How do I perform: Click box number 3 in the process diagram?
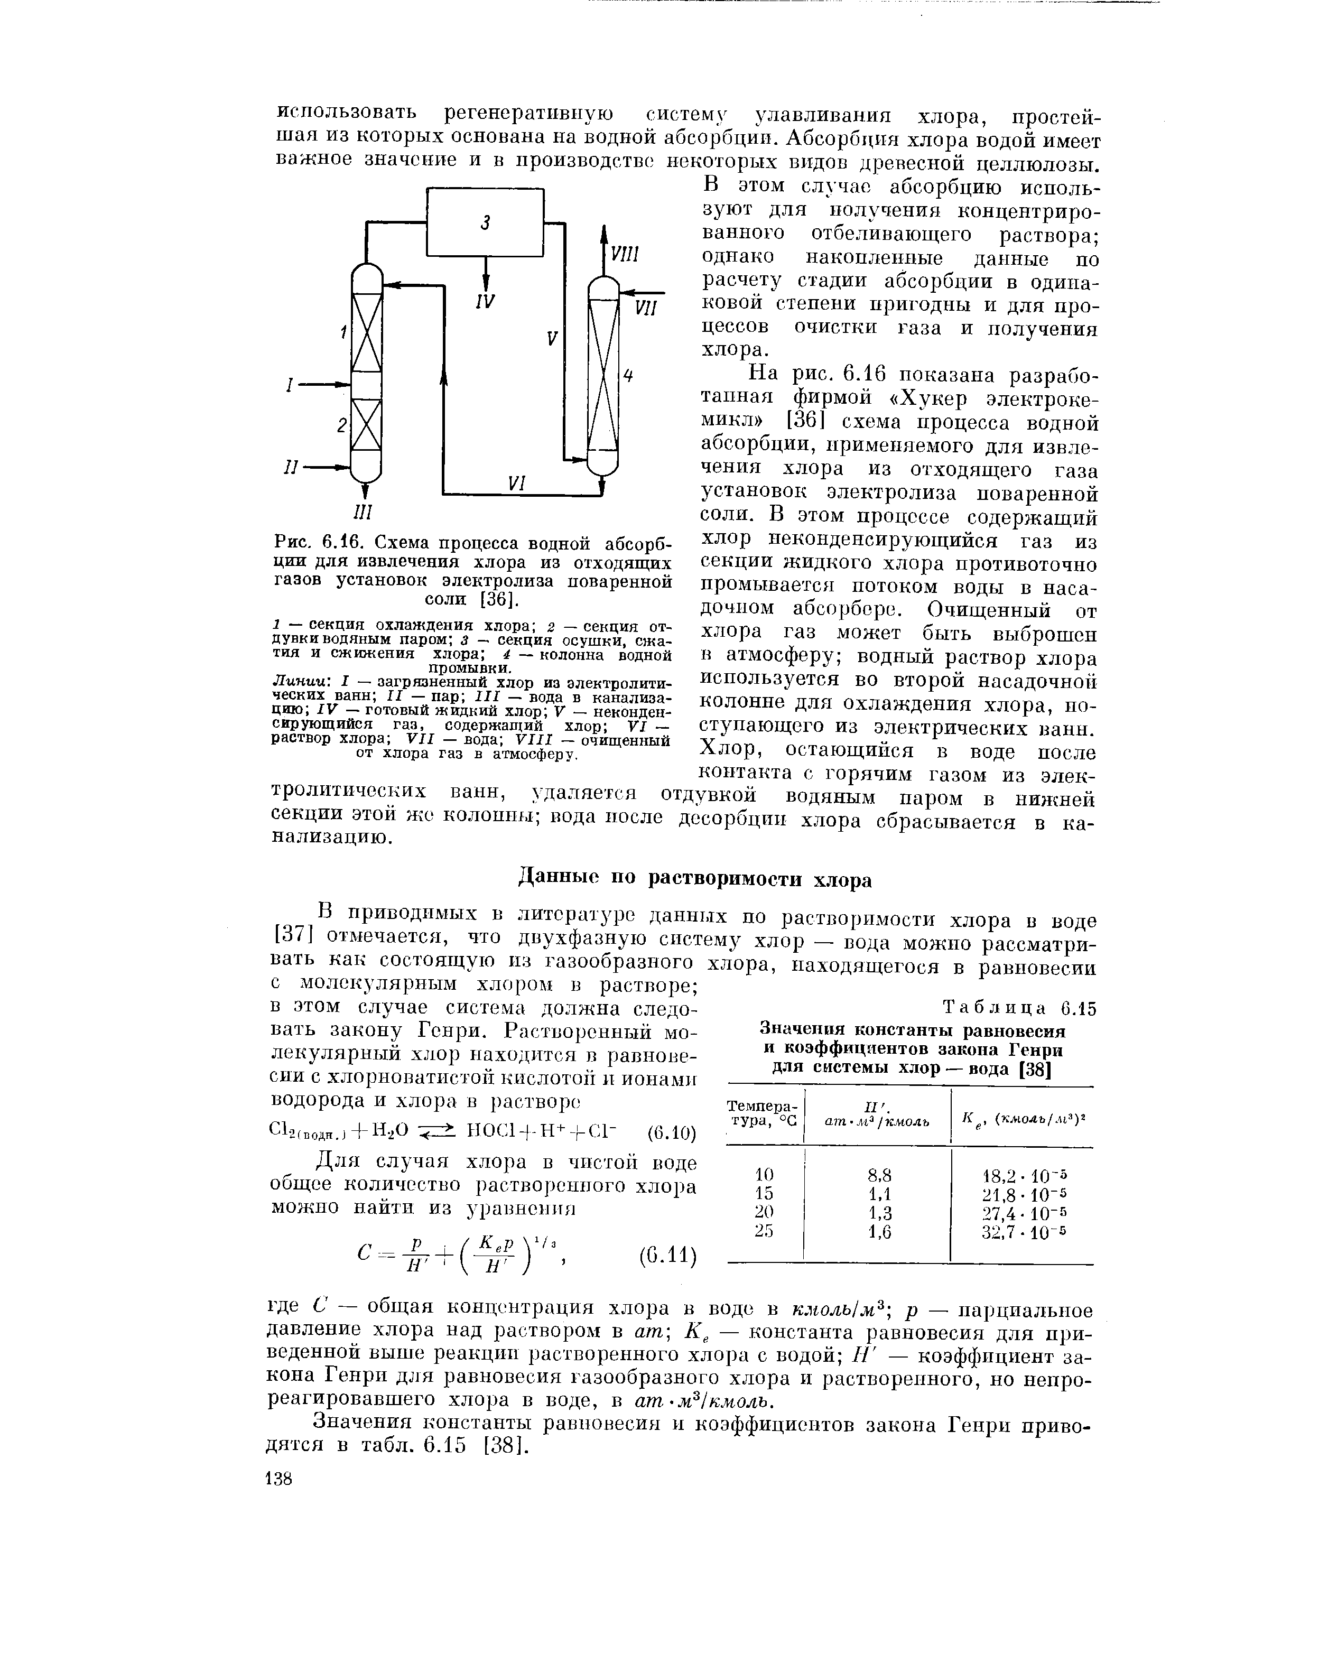(x=485, y=222)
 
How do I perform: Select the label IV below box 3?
(x=484, y=302)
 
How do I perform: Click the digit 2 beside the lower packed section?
(x=341, y=426)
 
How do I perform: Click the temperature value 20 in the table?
(x=764, y=1213)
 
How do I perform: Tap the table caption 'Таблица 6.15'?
(x=1020, y=1010)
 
